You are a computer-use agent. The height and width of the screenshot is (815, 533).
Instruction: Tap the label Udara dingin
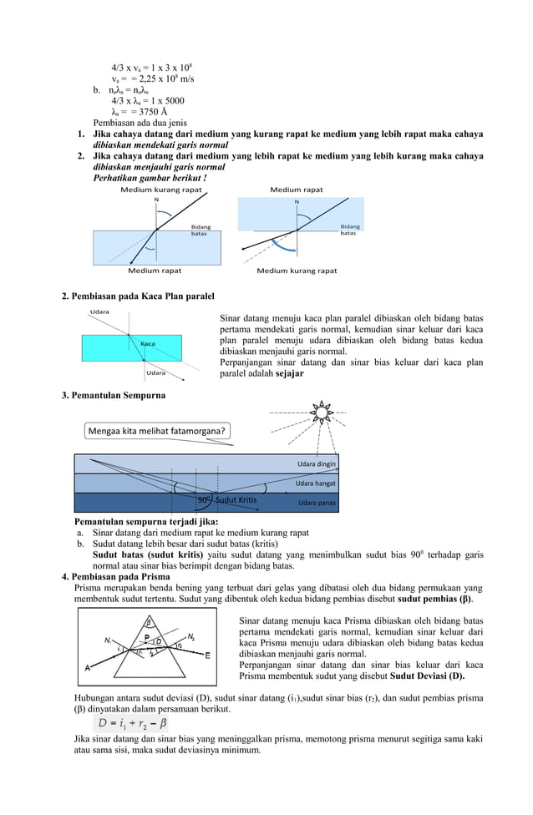tap(316, 463)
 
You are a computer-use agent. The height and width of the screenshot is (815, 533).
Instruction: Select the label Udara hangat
tap(315, 483)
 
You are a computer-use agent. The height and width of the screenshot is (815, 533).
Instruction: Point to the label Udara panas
tap(317, 503)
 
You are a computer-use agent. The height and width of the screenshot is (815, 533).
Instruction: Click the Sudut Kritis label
tap(236, 501)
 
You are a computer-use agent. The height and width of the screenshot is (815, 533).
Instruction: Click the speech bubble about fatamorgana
tap(157, 431)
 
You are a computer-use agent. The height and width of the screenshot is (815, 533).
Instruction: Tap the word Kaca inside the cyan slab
tap(148, 344)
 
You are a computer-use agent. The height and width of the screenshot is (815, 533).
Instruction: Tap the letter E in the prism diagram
tap(207, 656)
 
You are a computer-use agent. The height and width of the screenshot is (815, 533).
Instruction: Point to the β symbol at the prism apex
tap(149, 621)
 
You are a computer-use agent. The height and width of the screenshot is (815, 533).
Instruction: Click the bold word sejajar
tap(287, 374)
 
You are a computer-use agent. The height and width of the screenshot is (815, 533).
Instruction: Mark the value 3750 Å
tap(139, 111)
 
